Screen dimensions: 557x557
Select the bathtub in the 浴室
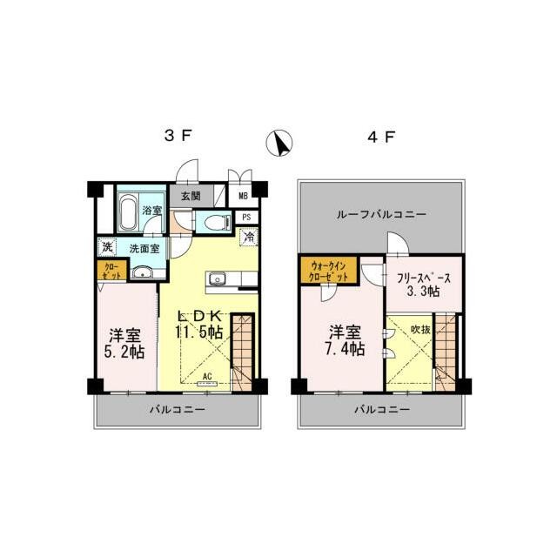click(x=126, y=210)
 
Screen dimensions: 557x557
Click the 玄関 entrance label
click(x=191, y=197)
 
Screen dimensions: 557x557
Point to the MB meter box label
click(x=243, y=198)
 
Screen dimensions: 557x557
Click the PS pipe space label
click(x=247, y=217)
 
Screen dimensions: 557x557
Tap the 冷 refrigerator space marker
click(x=248, y=235)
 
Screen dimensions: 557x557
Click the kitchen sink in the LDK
click(x=217, y=279)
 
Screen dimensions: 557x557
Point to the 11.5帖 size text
click(x=201, y=332)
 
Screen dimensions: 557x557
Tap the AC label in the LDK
click(x=207, y=377)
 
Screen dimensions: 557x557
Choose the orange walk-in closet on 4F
click(x=328, y=271)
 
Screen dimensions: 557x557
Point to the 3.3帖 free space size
click(x=423, y=293)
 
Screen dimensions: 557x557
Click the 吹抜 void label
click(x=420, y=330)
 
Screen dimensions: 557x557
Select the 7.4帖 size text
click(x=346, y=349)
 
